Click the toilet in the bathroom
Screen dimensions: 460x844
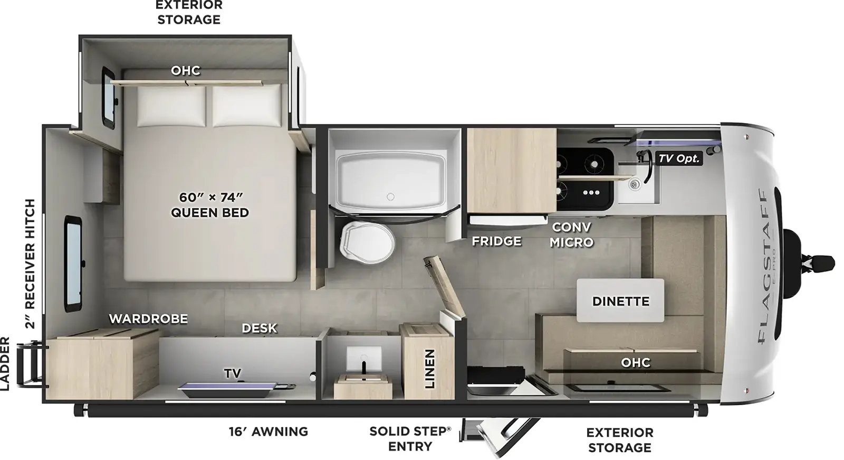coord(367,243)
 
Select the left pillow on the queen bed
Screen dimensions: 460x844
coord(171,106)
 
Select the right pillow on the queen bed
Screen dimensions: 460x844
coord(246,106)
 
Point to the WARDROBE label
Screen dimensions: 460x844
coord(148,318)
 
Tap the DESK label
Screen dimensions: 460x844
coord(259,328)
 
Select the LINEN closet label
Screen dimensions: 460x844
coord(429,369)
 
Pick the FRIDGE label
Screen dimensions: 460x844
coord(496,241)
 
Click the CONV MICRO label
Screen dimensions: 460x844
coord(572,234)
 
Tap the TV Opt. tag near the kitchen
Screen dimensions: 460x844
coord(679,158)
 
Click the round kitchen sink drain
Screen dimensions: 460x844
coord(635,184)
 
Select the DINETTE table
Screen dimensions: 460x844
coord(620,301)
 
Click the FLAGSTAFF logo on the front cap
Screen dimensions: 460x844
coord(763,264)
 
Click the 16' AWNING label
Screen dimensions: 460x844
coord(268,431)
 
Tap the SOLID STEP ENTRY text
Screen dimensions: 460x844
coord(410,438)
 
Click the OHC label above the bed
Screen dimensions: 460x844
coord(186,70)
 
